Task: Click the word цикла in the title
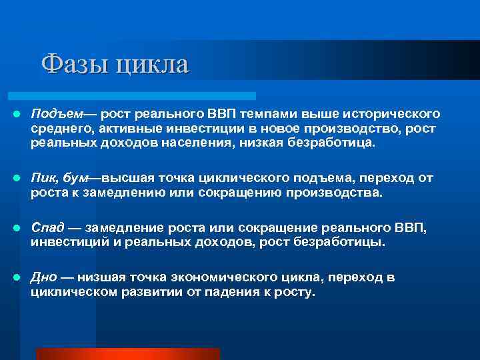pyautogui.click(x=152, y=65)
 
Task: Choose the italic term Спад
pyautogui.click(x=47, y=227)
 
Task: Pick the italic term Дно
pyautogui.click(x=44, y=277)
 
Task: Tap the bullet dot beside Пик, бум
pyautogui.click(x=15, y=179)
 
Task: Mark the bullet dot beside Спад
pyautogui.click(x=15, y=228)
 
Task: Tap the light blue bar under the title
pyautogui.click(x=133, y=96)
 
